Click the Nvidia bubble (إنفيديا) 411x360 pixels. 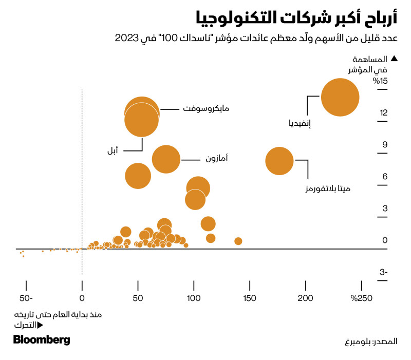click(340, 97)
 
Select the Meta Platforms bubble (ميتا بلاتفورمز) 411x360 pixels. click(279, 161)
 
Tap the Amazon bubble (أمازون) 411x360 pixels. click(166, 159)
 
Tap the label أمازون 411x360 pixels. click(217, 159)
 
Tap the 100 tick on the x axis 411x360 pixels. click(194, 298)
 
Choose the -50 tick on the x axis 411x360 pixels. click(26, 298)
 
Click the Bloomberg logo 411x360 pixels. click(42, 340)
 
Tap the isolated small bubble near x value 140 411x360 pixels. click(238, 241)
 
